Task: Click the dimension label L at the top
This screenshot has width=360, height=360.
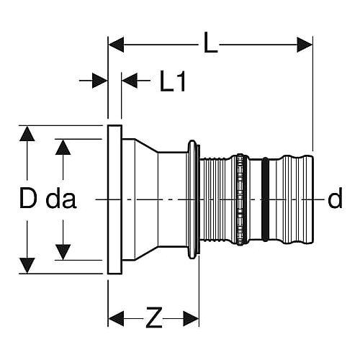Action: (210, 43)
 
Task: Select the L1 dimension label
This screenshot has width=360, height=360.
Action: (173, 81)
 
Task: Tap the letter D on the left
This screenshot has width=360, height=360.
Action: (28, 198)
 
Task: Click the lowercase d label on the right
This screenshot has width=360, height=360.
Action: (335, 198)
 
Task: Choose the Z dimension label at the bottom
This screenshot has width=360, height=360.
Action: (154, 318)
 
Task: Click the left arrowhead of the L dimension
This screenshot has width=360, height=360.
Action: (116, 45)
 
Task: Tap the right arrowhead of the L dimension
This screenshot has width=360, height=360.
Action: (305, 45)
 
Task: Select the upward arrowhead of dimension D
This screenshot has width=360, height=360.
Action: (27, 134)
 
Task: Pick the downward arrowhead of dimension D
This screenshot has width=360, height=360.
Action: (27, 266)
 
